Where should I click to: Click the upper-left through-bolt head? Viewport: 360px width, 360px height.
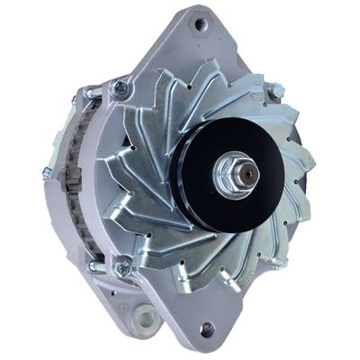coord(119,87)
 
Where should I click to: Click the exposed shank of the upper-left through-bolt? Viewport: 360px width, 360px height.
coord(97,91)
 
